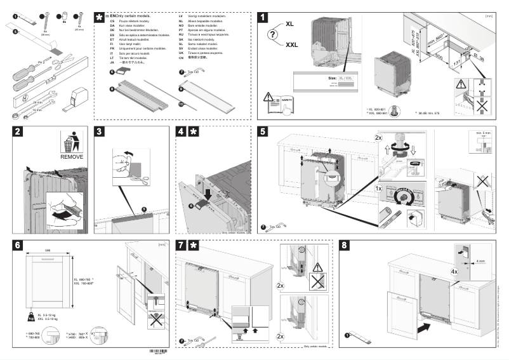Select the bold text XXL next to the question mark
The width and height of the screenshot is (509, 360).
[x=292, y=45]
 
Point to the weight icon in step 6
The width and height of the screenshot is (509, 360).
[x=30, y=316]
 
